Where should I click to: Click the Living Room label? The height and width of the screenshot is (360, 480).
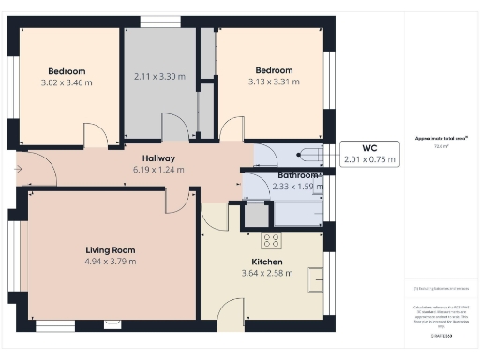[x=112, y=249]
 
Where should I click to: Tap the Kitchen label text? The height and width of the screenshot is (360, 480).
[x=266, y=262]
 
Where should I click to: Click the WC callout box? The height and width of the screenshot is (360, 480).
[x=371, y=154]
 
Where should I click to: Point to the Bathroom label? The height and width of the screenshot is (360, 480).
[x=298, y=175]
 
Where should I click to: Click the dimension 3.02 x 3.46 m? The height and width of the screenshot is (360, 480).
[x=67, y=82]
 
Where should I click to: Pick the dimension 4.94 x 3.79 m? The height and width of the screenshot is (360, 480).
[x=112, y=261]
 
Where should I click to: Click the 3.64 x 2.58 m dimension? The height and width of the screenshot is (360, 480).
[x=266, y=273]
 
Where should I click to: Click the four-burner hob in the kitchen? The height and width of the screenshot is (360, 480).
[x=272, y=239]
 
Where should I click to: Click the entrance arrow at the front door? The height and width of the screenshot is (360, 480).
[x=22, y=169]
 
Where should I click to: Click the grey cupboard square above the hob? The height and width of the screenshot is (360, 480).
[x=255, y=216]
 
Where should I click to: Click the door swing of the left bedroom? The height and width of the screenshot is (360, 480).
[x=96, y=136]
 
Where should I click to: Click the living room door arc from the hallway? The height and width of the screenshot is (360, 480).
[x=176, y=200]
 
